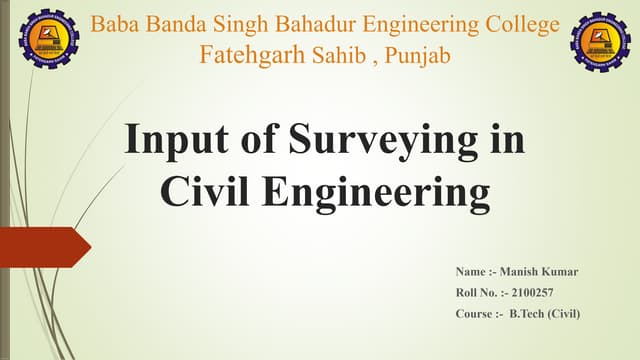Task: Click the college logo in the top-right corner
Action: tap(600, 41)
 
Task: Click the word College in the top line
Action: tap(513, 22)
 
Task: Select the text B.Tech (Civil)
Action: tap(545, 314)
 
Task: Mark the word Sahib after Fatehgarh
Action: tap(346, 54)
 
